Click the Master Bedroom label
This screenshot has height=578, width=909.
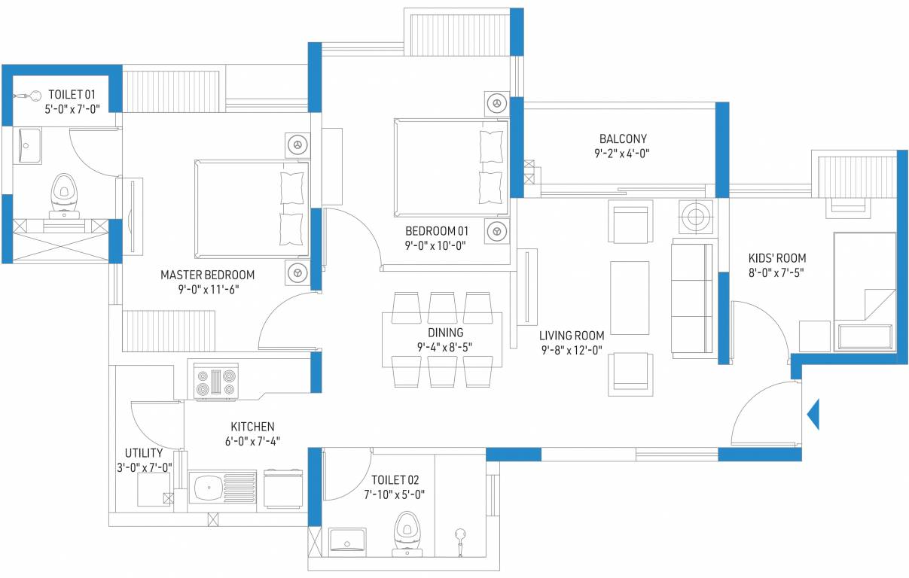[207, 275]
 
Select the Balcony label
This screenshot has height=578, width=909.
[623, 138]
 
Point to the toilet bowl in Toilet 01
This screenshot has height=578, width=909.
[63, 194]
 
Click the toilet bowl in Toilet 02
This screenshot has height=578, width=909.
[407, 530]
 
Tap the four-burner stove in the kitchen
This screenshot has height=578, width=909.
[217, 380]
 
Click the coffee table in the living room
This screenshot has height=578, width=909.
[630, 298]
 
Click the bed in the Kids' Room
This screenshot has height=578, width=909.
[865, 291]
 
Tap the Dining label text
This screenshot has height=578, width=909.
[445, 332]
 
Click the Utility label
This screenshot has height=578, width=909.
[143, 453]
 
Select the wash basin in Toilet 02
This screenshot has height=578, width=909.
[347, 539]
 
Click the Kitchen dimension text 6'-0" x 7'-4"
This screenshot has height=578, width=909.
[252, 441]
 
